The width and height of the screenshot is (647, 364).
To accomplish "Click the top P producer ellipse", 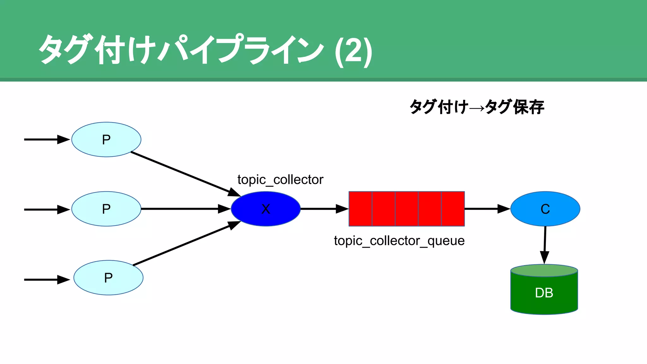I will pos(106,139).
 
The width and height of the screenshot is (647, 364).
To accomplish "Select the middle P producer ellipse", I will pos(106,209).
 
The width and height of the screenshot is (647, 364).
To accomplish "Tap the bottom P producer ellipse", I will pos(108,278).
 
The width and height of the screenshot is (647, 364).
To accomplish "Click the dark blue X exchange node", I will pos(266,209).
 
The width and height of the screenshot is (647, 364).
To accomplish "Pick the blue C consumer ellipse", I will pos(545,209).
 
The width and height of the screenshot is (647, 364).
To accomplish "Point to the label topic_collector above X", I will pos(280,179).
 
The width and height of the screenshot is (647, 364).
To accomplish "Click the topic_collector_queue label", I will pos(399,241).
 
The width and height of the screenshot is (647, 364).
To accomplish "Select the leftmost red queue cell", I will pos(360,209).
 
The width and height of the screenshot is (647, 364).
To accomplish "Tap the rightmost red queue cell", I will pos(453,209).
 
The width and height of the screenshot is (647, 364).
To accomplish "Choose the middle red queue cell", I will pos(407,209).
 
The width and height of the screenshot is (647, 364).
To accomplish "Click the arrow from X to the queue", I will pos(324,209).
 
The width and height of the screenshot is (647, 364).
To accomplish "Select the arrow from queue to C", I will pos(487,209).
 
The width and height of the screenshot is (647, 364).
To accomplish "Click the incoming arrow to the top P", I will pos(46,139).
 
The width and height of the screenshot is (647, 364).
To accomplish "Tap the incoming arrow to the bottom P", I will pos(46,280).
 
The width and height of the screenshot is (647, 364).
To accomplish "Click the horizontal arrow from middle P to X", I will pos(185,209).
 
